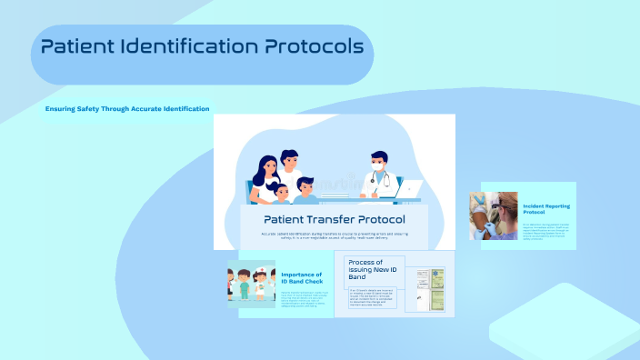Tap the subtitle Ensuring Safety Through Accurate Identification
tap(127, 109)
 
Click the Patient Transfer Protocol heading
tap(335, 219)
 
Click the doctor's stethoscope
tap(385, 178)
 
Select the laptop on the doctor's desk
tap(409, 189)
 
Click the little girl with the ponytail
tap(281, 193)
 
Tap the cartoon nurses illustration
tap(252, 283)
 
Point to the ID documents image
tap(430, 290)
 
